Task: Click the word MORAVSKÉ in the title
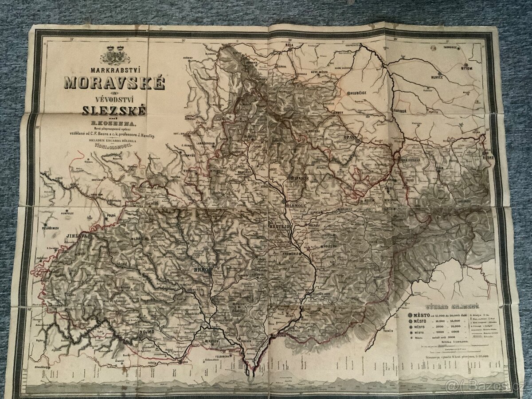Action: click(114, 83)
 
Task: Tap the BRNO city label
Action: click(200, 269)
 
